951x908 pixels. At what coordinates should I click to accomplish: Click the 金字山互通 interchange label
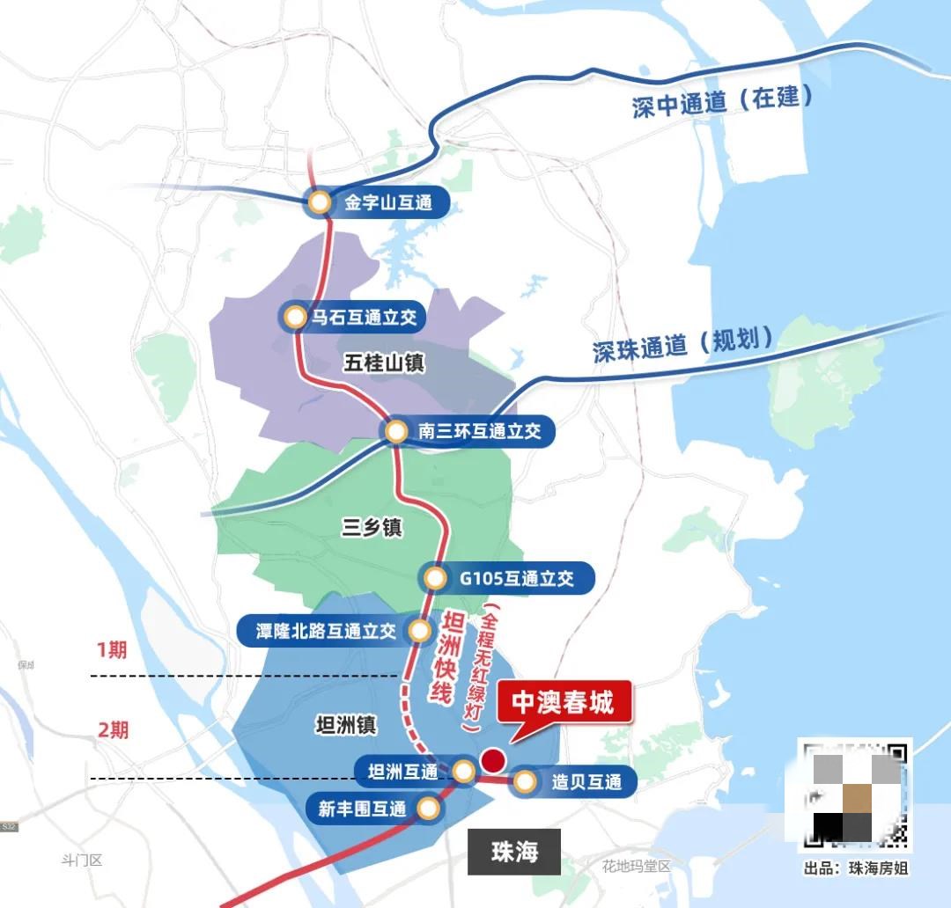388,203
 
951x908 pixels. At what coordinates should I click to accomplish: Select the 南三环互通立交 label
479,431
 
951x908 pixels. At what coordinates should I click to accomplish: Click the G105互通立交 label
516,578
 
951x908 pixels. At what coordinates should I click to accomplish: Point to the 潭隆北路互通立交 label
326,631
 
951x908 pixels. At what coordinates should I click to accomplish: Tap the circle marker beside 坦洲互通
463,773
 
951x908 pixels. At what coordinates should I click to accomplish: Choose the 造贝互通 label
586,782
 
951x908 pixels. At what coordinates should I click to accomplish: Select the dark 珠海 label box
514,852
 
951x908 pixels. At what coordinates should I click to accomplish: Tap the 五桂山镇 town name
381,361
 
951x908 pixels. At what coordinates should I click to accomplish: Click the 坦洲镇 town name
346,725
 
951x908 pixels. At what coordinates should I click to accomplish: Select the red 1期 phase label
112,650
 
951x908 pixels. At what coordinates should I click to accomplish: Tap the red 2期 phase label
113,729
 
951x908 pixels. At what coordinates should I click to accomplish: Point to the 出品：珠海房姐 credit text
855,868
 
